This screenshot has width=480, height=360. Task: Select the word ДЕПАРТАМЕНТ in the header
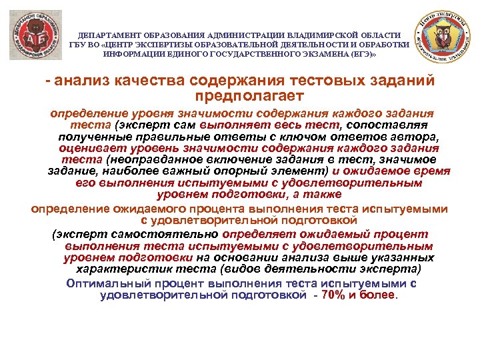(x=109, y=35)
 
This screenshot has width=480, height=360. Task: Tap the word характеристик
(x=120, y=270)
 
